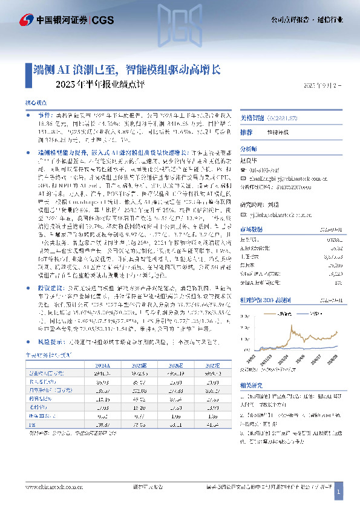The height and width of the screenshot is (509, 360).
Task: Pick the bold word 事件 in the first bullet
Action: click(45, 115)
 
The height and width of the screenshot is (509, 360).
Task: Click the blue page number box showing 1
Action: click(339, 493)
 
